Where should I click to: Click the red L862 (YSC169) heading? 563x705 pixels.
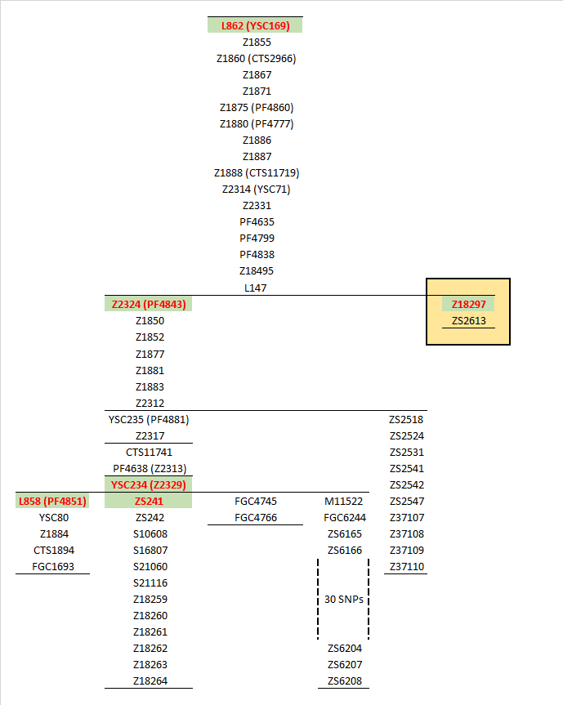(255, 25)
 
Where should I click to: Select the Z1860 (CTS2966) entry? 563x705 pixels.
(256, 58)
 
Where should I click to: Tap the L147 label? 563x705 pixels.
(256, 288)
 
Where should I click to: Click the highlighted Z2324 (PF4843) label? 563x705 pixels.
(149, 305)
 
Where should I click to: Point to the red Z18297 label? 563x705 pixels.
(468, 305)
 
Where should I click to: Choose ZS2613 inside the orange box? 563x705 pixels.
(468, 321)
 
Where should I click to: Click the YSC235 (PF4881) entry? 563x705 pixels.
(149, 420)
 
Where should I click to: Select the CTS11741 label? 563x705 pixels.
(149, 453)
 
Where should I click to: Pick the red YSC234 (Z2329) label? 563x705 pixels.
(149, 485)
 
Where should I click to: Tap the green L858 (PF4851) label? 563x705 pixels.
(51, 501)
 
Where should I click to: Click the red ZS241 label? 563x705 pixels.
(149, 501)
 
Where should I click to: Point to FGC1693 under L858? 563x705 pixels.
(51, 566)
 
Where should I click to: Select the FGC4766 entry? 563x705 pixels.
(256, 517)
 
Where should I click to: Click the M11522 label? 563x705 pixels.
(344, 501)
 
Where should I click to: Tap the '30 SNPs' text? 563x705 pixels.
(344, 599)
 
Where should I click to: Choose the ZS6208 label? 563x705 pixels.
(344, 680)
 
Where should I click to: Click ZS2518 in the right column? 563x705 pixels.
(406, 420)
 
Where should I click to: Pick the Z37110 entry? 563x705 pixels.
(406, 566)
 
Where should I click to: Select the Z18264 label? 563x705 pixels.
(150, 680)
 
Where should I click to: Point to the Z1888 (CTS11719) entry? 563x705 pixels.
(256, 172)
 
